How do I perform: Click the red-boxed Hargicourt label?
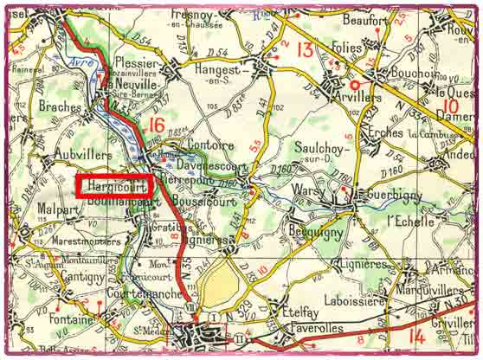click(113, 185)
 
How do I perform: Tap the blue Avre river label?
click(76, 61)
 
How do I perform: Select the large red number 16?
click(156, 125)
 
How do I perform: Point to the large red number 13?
click(304, 49)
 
